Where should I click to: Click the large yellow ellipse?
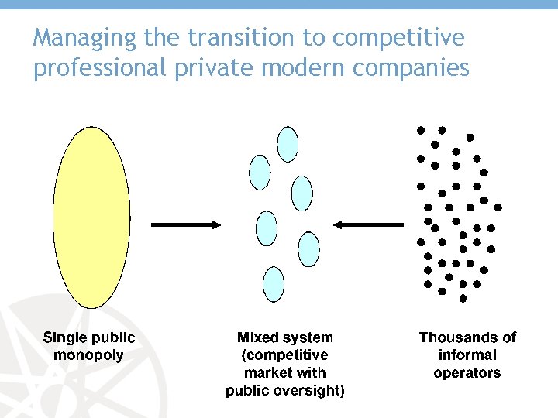[x=91, y=218]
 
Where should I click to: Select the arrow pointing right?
[x=186, y=224]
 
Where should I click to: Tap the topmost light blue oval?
[x=288, y=144]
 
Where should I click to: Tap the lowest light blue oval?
[x=274, y=284]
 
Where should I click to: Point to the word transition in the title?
[x=221, y=37]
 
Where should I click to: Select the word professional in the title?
[x=99, y=68]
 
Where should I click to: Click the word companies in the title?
[x=411, y=69]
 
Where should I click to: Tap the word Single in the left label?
[x=65, y=337]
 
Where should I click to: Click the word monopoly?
[x=88, y=355]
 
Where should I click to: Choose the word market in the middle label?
[x=267, y=373]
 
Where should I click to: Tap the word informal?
[x=467, y=355]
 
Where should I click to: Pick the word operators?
[x=467, y=373]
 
